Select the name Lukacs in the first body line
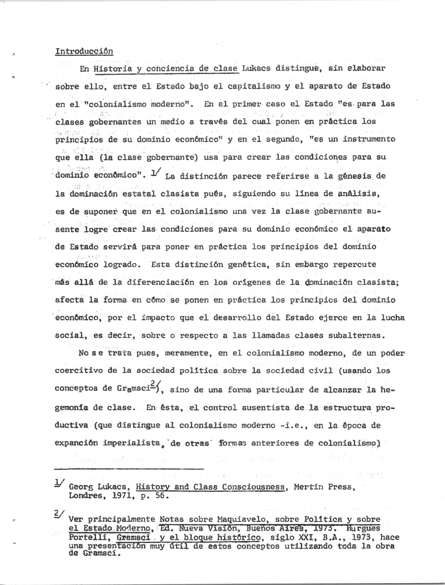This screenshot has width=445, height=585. click(x=256, y=68)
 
